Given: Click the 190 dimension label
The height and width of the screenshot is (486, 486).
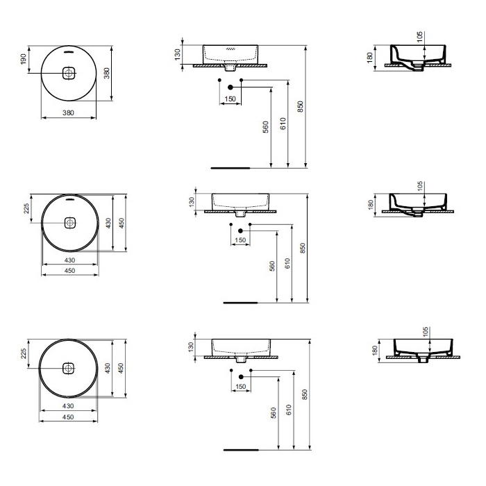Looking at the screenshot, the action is point(24,59).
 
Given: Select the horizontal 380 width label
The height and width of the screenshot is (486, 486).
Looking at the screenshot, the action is point(68,112).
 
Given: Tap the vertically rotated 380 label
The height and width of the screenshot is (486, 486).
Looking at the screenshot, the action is point(107,73).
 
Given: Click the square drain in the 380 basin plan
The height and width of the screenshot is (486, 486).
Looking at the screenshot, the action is point(69,73).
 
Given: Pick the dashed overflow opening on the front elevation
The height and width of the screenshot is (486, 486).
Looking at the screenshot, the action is point(231,49).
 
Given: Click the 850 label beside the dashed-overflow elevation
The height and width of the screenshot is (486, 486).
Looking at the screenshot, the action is point(300,106).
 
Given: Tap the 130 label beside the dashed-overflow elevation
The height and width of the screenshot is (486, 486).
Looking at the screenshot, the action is point(177,54).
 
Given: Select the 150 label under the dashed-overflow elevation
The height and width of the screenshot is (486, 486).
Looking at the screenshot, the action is point(230,99).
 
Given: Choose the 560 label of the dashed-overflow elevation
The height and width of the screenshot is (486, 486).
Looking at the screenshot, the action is point(266,127).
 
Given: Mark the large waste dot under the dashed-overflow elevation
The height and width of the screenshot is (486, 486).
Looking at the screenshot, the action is point(231,87).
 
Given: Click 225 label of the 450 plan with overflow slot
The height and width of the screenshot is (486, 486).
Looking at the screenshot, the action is point(26,208).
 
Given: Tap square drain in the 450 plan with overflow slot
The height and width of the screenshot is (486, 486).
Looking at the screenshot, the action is point(70,223).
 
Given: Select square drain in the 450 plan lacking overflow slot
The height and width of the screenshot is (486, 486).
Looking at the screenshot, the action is point(68,368).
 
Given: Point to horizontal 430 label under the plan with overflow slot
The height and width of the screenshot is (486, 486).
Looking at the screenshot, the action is point(69,260).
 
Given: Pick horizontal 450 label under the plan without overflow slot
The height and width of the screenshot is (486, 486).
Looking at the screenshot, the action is point(68,417).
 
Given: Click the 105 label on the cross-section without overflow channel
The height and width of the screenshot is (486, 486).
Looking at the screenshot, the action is point(425,332).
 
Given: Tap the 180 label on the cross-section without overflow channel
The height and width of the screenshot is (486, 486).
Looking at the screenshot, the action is point(375,351).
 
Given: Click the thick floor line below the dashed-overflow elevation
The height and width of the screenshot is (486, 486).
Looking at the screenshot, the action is point(231,168).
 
